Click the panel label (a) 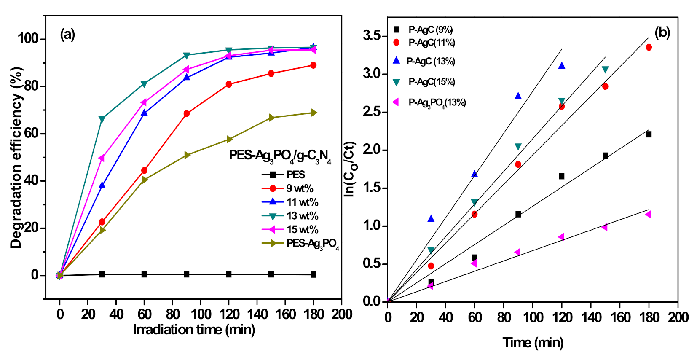(x=67, y=34)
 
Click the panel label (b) (x=662, y=32)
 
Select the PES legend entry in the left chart (x=295, y=175)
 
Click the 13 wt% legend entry (x=302, y=216)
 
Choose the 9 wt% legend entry (x=299, y=188)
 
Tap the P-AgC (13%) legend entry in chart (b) (x=430, y=62)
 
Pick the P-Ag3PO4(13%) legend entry (x=437, y=103)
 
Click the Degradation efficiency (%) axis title (x=16, y=158)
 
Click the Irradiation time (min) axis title (x=194, y=330)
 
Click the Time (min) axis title (x=533, y=342)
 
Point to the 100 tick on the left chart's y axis (x=28, y=39)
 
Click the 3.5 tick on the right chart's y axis (x=373, y=36)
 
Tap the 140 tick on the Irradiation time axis (x=257, y=314)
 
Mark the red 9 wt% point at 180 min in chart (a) (x=313, y=65)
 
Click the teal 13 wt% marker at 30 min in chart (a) (x=102, y=119)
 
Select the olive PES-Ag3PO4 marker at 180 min (x=314, y=113)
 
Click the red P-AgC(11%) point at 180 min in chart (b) (x=649, y=48)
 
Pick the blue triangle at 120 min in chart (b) (x=561, y=65)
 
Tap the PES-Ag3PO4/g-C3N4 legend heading (x=280, y=156)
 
